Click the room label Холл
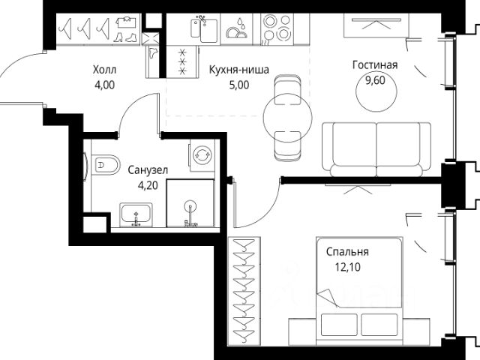click(x=105, y=70)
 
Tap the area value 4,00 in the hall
click(x=105, y=85)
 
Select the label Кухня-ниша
click(x=239, y=70)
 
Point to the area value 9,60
click(x=375, y=80)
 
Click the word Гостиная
click(x=375, y=65)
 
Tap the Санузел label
click(x=148, y=170)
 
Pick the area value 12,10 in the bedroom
click(x=348, y=267)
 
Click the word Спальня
click(x=347, y=252)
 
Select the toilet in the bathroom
click(x=106, y=165)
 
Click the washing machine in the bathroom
click(x=202, y=155)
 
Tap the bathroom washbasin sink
click(x=136, y=214)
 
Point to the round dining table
click(x=288, y=118)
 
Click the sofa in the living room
click(x=376, y=149)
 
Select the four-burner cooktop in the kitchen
click(x=277, y=29)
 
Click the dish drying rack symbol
click(x=236, y=29)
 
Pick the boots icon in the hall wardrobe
click(x=125, y=37)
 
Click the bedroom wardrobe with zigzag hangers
click(x=244, y=292)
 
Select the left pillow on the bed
click(x=339, y=325)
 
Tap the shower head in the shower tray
click(x=190, y=205)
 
